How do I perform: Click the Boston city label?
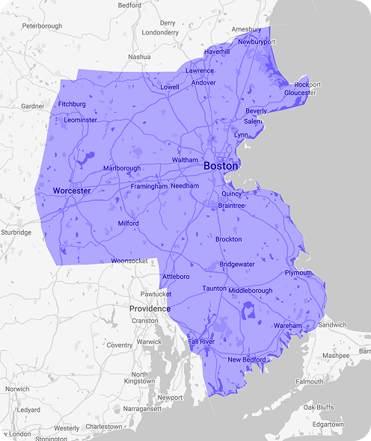221,166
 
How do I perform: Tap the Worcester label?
72,191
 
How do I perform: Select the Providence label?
150,309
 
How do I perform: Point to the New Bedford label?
246,360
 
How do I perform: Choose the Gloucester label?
300,93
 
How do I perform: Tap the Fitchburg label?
72,104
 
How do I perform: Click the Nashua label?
139,57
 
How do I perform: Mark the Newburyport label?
257,42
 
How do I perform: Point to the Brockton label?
228,239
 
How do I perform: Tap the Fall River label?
201,341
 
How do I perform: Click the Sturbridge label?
16,232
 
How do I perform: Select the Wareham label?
287,326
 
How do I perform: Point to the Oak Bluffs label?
319,407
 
